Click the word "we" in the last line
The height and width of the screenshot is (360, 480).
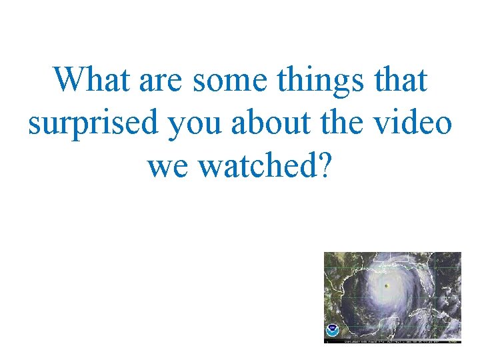click(x=169, y=167)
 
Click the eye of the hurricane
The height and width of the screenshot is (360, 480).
click(x=386, y=286)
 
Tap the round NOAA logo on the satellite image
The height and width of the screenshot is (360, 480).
click(x=332, y=330)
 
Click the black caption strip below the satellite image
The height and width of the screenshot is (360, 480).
click(x=393, y=341)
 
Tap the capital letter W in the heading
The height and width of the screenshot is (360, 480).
click(x=67, y=81)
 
